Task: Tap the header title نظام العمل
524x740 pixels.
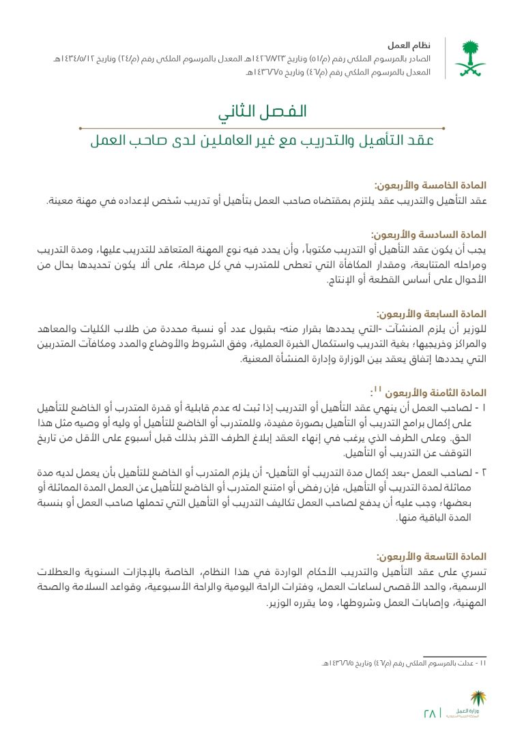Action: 407,45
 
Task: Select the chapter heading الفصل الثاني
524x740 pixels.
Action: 263,112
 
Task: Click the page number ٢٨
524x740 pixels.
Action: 430,713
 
